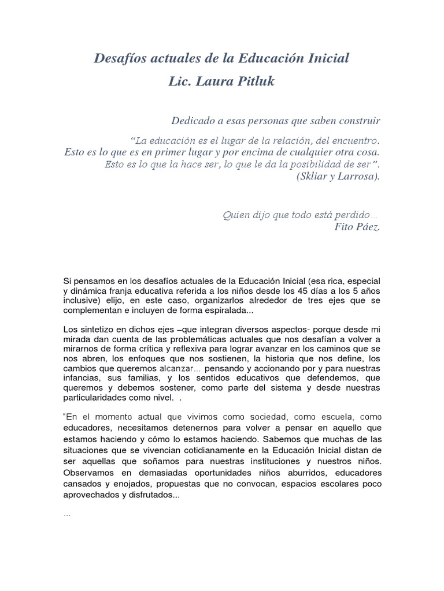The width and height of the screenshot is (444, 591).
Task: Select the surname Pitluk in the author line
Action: click(253, 82)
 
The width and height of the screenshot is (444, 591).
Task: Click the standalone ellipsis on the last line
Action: click(66, 514)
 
